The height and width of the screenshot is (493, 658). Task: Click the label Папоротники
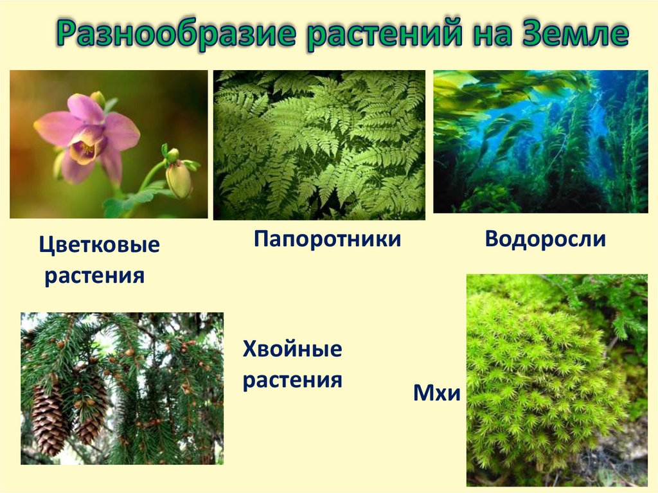[x=327, y=240]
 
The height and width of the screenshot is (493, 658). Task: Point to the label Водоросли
[x=545, y=239]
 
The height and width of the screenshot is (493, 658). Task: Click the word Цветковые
[x=99, y=246]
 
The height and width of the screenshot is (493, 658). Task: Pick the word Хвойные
[x=292, y=351]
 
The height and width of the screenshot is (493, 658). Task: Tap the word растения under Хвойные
[x=292, y=380]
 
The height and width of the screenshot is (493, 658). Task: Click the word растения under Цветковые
[x=94, y=276]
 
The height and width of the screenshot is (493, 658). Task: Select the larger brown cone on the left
[x=49, y=418]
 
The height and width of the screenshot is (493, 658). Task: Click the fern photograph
[x=319, y=145]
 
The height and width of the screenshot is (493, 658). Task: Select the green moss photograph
[x=556, y=379]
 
